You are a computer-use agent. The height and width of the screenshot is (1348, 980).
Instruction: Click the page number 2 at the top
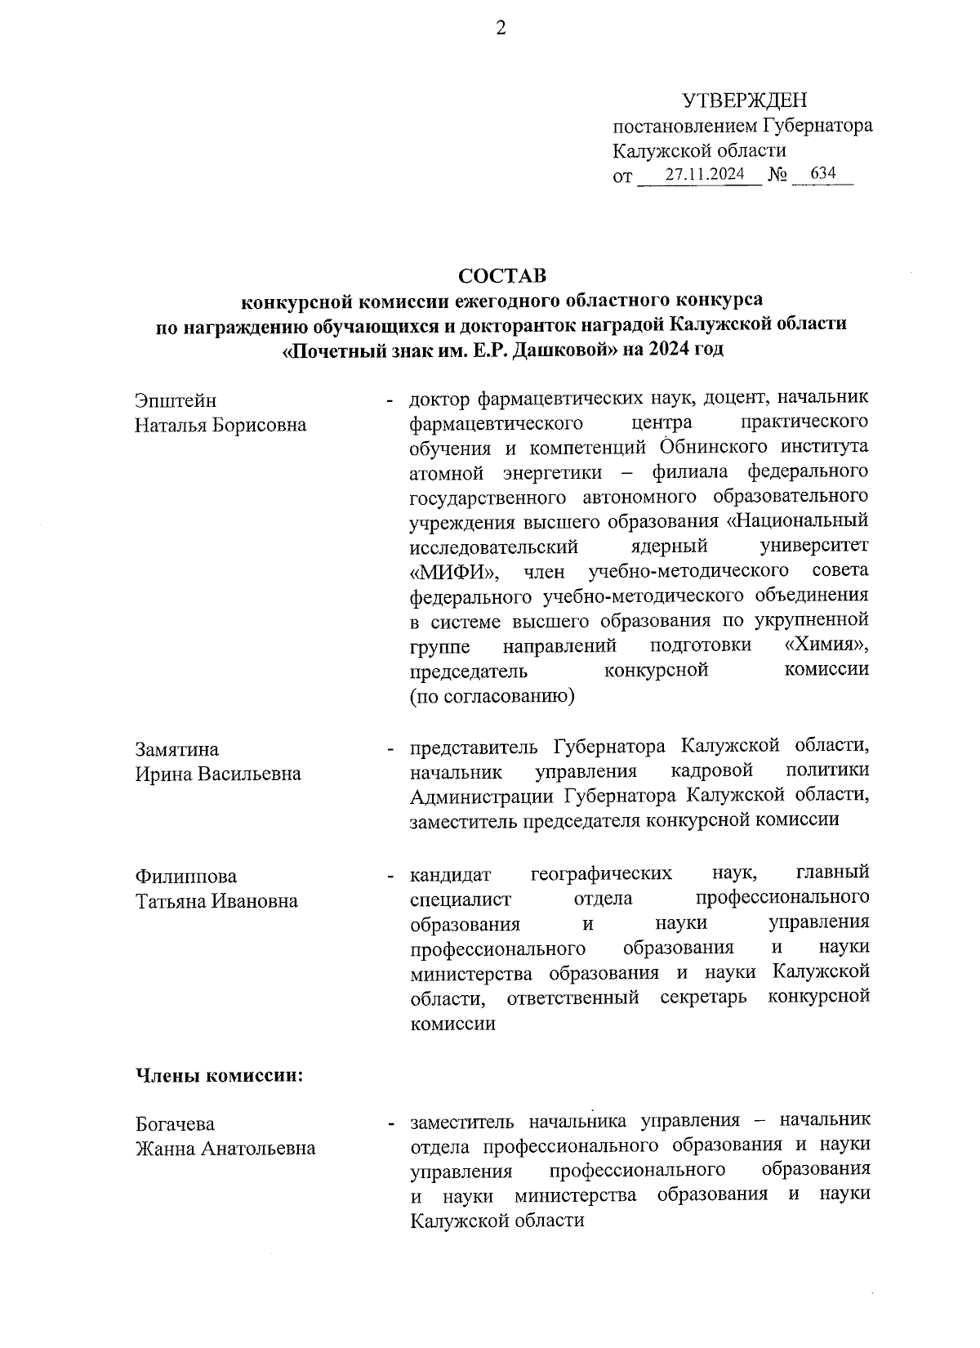[501, 29]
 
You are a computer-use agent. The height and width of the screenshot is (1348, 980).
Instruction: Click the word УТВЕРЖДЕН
[744, 101]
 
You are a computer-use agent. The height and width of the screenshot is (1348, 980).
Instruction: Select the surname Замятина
[177, 749]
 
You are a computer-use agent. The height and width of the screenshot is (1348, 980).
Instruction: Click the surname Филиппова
[186, 876]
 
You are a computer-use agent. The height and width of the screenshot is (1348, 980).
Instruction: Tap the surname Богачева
[175, 1124]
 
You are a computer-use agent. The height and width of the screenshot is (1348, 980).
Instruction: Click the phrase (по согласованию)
[492, 695]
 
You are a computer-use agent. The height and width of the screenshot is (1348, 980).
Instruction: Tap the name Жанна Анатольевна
[225, 1149]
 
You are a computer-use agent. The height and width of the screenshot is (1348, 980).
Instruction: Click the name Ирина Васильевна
[218, 774]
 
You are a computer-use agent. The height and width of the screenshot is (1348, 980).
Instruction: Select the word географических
[602, 874]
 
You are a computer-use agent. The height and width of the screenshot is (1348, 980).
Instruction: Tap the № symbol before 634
[778, 175]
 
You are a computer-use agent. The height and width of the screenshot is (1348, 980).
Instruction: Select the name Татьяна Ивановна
[216, 900]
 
